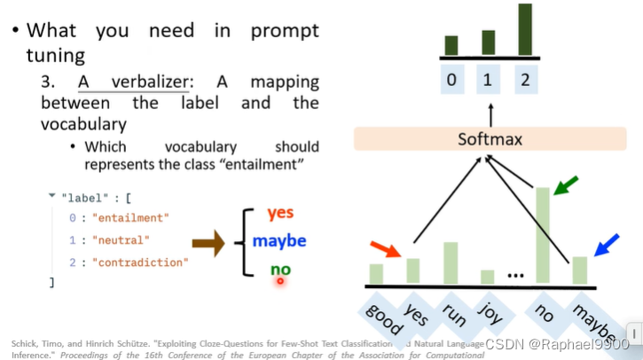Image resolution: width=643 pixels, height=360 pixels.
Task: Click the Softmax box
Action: [x=490, y=139]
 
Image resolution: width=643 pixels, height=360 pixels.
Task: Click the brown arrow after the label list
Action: [x=208, y=242]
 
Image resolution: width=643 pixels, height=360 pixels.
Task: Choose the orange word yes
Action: [x=280, y=213]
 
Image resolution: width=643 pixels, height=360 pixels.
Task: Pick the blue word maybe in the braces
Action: [x=278, y=240]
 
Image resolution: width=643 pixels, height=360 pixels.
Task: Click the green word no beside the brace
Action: [x=280, y=270]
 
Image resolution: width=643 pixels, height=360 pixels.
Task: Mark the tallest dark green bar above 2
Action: [x=525, y=29]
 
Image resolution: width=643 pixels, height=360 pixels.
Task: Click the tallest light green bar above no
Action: [x=542, y=236]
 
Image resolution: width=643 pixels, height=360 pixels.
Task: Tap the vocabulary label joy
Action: [x=489, y=312]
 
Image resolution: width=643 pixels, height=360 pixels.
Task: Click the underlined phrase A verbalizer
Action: [x=132, y=82]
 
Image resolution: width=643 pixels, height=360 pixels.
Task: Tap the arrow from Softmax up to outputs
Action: [x=490, y=113]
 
